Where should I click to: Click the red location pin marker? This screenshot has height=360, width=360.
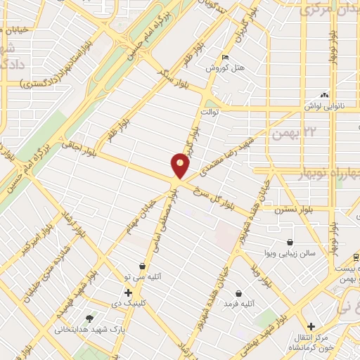181,165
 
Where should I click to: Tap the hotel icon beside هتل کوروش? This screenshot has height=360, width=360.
225,58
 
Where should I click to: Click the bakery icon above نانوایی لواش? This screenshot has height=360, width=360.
324,95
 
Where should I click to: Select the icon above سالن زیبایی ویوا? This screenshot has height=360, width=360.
290,243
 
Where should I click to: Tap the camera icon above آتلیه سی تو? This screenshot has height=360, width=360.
143,266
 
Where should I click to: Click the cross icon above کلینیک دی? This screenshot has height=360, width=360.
127,292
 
